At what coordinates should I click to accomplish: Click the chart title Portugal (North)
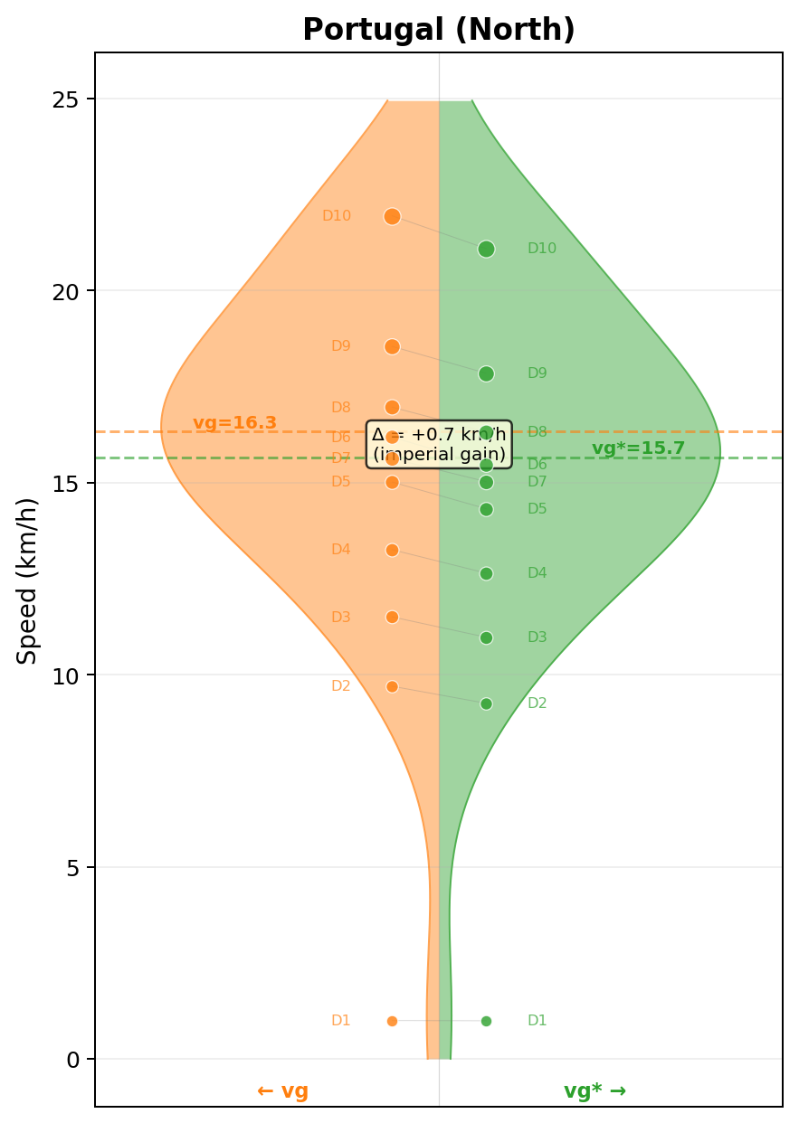(x=439, y=30)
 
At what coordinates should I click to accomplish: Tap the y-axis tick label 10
(x=64, y=675)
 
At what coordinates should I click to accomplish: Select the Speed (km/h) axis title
(x=28, y=580)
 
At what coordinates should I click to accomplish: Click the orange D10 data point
(x=392, y=216)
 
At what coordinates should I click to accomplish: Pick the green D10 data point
(x=486, y=249)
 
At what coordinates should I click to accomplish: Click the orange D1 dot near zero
(x=392, y=1021)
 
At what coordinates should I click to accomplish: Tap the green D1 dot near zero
(x=486, y=1021)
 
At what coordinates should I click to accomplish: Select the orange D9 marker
(x=392, y=346)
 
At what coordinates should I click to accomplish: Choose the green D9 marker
(x=486, y=373)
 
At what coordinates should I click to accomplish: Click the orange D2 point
(x=392, y=686)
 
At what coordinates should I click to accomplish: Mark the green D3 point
(x=486, y=637)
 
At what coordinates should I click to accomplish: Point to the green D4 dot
(x=486, y=573)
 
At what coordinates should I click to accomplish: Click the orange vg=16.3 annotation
(x=234, y=423)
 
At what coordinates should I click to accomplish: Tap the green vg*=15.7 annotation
(x=638, y=448)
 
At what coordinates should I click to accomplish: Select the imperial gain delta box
(x=439, y=444)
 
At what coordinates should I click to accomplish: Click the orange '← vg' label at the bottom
(x=282, y=1091)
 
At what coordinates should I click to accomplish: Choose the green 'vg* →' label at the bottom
(x=594, y=1091)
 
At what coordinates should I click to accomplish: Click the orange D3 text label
(x=340, y=618)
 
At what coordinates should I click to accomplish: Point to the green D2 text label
(x=537, y=703)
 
